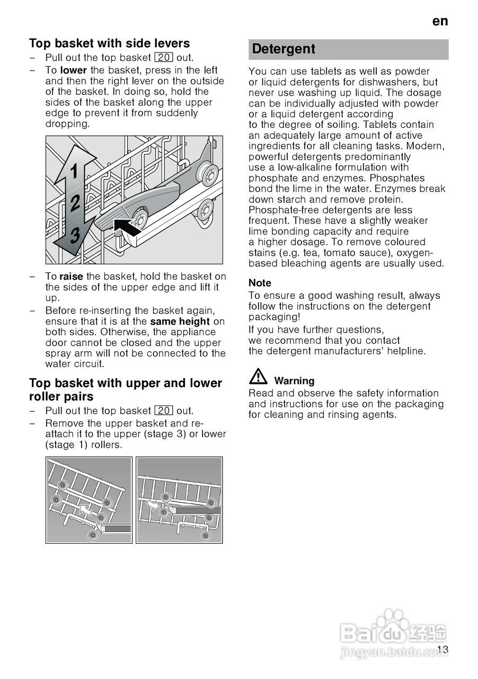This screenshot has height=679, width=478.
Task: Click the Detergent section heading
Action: coord(284,49)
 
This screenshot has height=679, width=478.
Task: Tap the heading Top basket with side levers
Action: coord(109,43)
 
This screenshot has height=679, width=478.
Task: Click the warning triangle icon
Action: coord(259,377)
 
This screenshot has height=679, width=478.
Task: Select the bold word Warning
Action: coord(294,381)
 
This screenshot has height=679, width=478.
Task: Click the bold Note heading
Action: coord(260,283)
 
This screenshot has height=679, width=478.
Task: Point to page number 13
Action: coord(443,650)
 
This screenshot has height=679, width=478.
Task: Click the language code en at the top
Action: coord(440,21)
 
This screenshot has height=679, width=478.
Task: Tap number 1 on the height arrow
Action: coord(74,171)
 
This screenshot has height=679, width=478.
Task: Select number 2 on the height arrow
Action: coord(75,203)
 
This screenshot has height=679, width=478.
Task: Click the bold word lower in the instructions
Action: coord(74,70)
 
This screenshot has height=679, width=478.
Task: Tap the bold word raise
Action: coord(72,276)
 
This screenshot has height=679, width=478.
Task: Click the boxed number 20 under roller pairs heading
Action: coord(164,411)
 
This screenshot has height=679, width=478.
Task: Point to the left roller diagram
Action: coord(89,500)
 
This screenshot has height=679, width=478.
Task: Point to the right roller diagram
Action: coord(179,500)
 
